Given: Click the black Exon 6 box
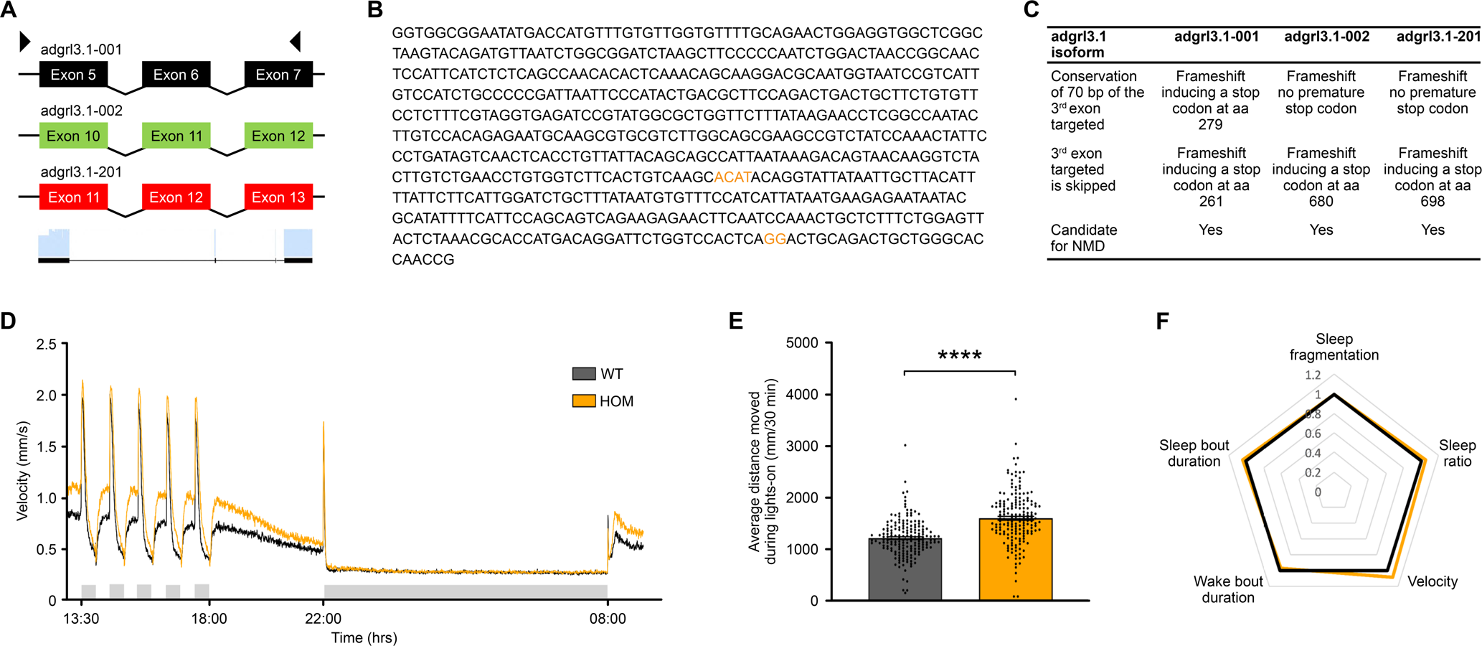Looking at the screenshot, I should pyautogui.click(x=176, y=75).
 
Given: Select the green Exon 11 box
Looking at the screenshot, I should pyautogui.click(x=176, y=136).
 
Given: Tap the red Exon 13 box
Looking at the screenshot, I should pyautogui.click(x=278, y=197).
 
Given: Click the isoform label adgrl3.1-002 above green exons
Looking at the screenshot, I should pyautogui.click(x=81, y=111).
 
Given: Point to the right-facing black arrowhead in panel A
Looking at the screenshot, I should pyautogui.click(x=25, y=41).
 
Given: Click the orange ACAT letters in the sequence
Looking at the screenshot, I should pyautogui.click(x=732, y=177).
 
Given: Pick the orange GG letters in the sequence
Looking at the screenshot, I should pyautogui.click(x=775, y=239).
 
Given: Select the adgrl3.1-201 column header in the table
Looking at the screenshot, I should pyautogui.click(x=1438, y=37).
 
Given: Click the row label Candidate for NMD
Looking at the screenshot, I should pyautogui.click(x=1084, y=238).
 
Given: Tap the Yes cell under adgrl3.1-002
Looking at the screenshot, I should pyautogui.click(x=1321, y=230).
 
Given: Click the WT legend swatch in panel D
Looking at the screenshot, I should pyautogui.click(x=584, y=373).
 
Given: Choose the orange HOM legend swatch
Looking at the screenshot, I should pyautogui.click(x=584, y=401).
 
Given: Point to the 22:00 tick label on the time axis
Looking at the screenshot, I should pyautogui.click(x=324, y=619).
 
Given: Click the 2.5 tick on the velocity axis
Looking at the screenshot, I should pyautogui.click(x=47, y=345).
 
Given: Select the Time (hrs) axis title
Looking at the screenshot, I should pyautogui.click(x=364, y=637).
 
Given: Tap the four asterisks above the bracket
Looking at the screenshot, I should pyautogui.click(x=959, y=355).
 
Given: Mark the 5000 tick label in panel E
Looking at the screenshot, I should pyautogui.click(x=802, y=343).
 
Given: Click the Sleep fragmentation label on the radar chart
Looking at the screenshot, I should pyautogui.click(x=1334, y=347).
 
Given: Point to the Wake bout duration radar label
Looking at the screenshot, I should pyautogui.click(x=1228, y=589).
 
